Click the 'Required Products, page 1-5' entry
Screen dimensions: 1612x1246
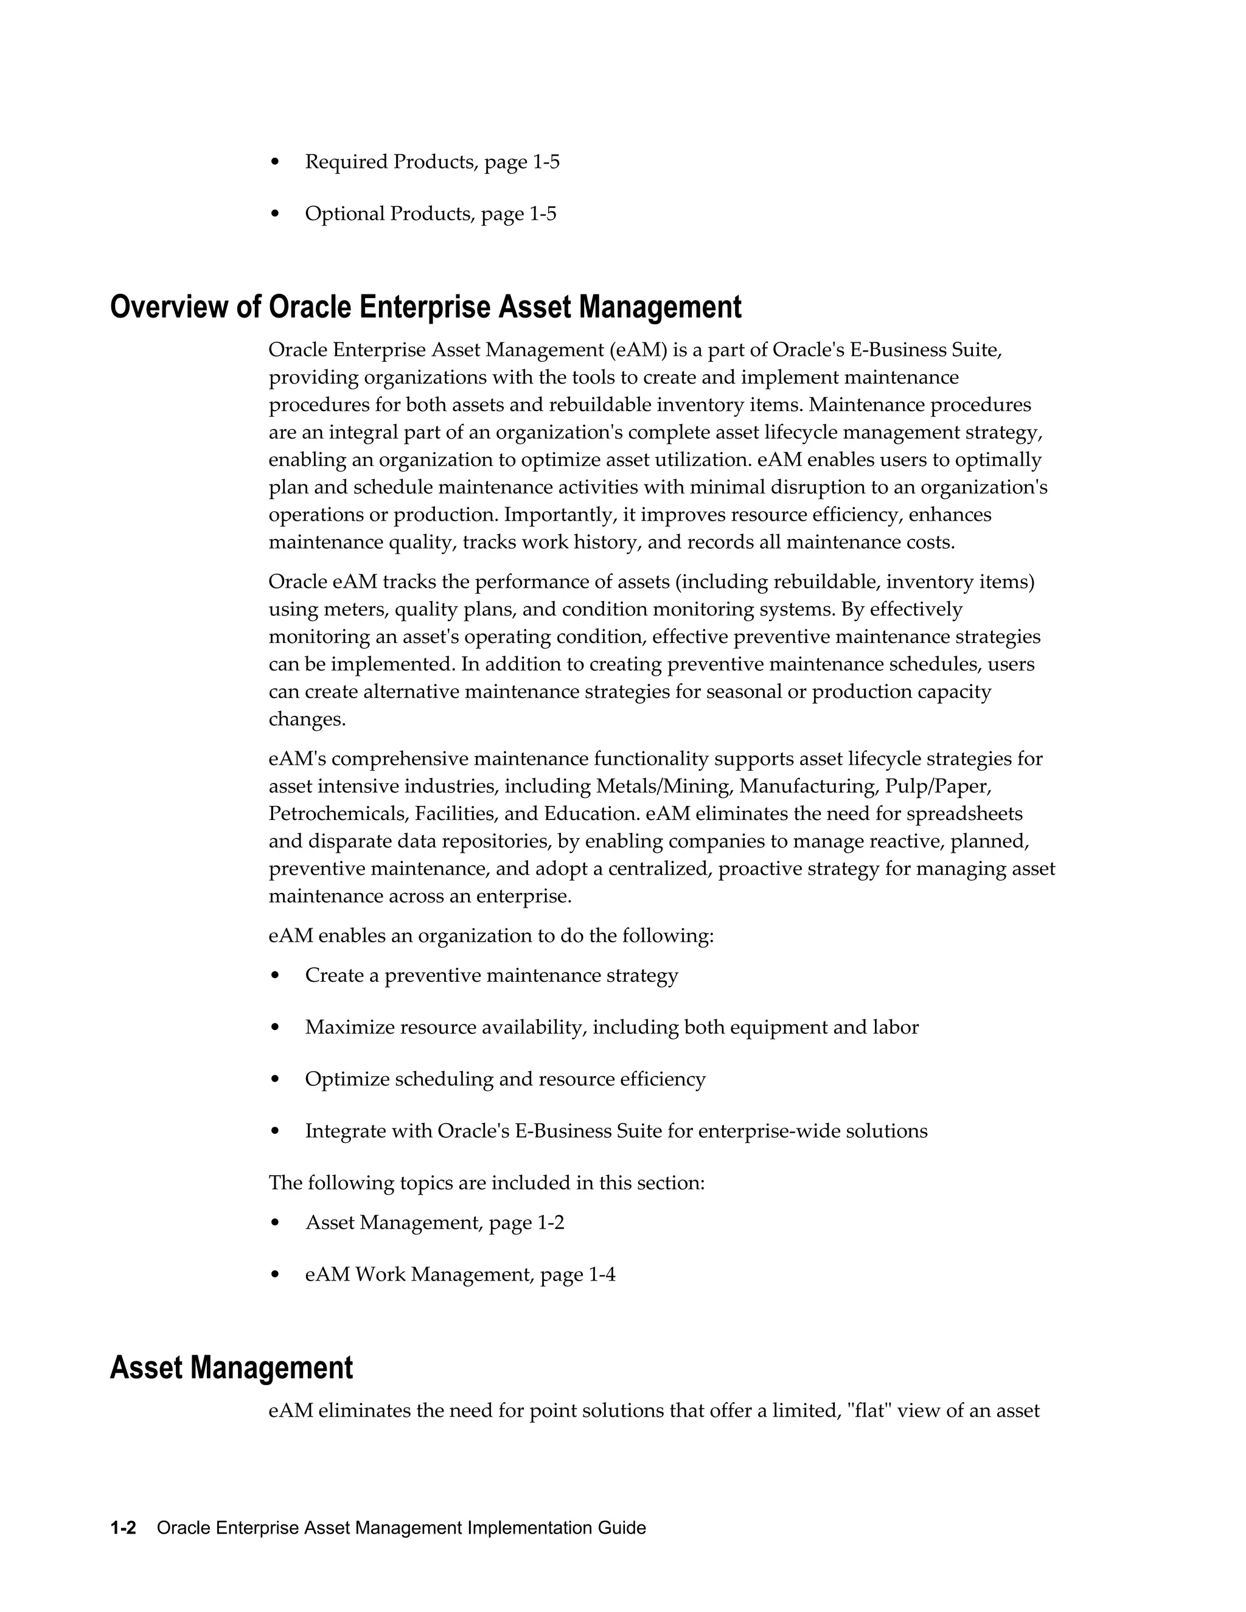tap(432, 162)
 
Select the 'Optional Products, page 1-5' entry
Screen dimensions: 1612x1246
tap(430, 214)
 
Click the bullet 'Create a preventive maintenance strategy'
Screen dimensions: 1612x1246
tap(491, 976)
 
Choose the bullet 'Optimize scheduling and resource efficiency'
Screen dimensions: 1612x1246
tap(505, 1079)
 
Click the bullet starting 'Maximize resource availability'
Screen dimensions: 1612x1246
tap(611, 1027)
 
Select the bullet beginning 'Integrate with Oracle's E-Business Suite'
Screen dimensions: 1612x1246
tap(616, 1131)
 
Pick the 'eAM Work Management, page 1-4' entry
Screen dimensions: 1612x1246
tap(460, 1274)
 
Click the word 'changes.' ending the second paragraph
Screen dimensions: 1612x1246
tap(307, 720)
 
